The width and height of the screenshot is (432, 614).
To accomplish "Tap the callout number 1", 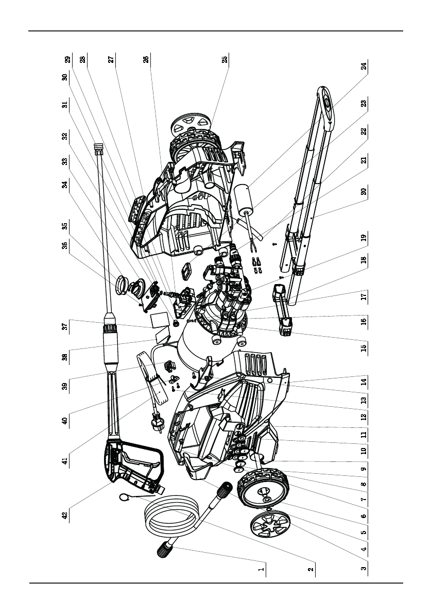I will click(262, 570).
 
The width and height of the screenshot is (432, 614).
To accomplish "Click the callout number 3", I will click(364, 569).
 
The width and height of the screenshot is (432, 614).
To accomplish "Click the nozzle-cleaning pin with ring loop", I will click(126, 497).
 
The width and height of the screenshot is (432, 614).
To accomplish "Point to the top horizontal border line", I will click(216, 31).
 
